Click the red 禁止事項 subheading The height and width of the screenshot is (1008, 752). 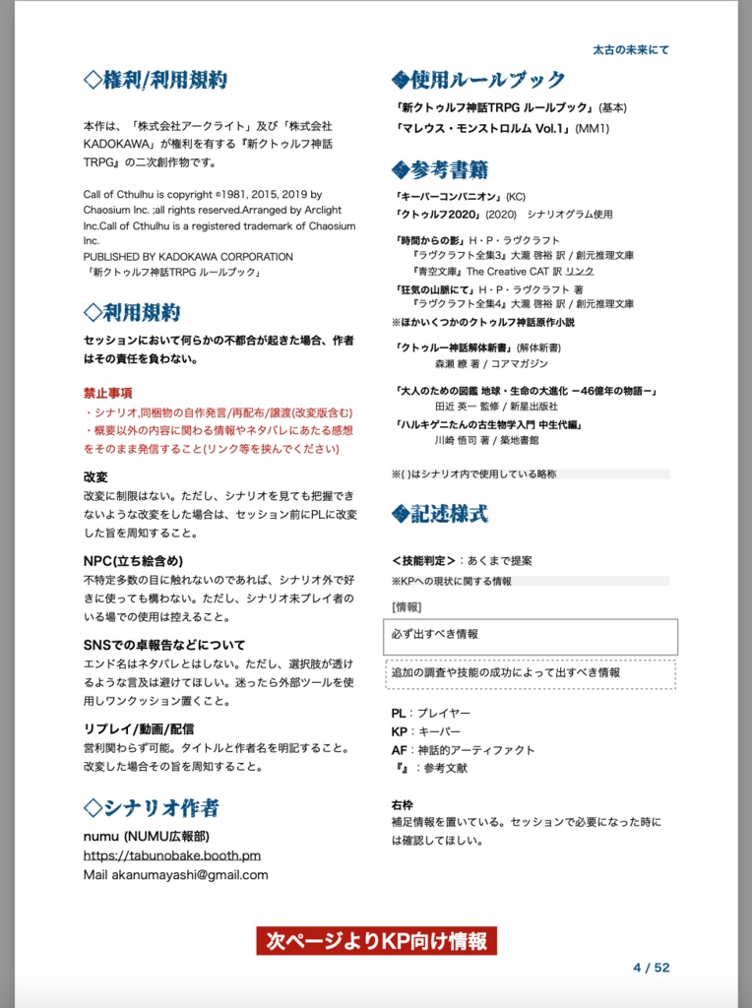point(108,393)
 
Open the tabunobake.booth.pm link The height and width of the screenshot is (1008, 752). point(172,855)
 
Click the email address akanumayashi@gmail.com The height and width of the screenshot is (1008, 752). point(175,874)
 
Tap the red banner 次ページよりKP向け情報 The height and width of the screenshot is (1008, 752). point(377,941)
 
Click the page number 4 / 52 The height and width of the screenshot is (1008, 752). point(651,968)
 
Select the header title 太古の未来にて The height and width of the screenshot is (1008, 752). point(631,49)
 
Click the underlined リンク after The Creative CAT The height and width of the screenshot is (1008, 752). point(580,271)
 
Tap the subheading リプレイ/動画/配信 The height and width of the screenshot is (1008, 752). point(139,729)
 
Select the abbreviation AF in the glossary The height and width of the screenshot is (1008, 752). point(399,750)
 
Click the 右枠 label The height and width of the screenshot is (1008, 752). point(402,803)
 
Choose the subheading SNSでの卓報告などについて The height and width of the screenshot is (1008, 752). point(164,645)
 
